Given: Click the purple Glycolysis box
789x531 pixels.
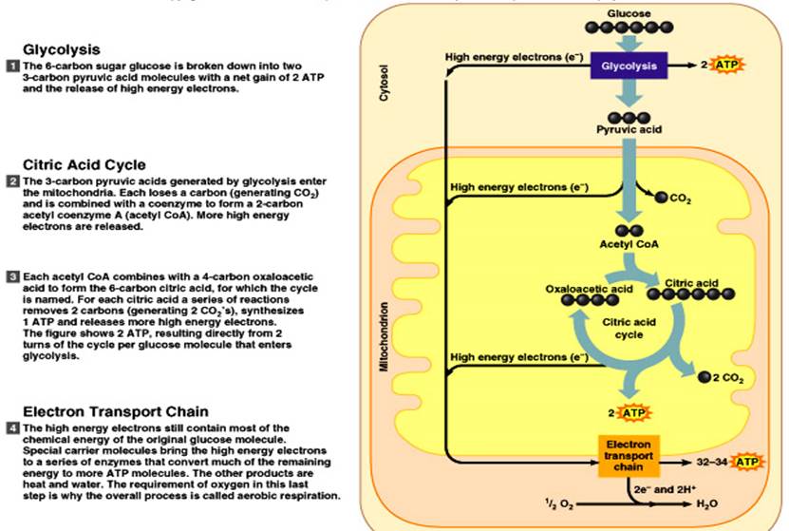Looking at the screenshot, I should (x=626, y=66).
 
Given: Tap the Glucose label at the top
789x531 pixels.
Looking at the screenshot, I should (x=628, y=14).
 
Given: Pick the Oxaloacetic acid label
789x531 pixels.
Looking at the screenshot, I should (x=589, y=288).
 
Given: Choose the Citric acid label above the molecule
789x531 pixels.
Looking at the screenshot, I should (x=691, y=282).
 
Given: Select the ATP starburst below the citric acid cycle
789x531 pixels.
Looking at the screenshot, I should (x=633, y=412).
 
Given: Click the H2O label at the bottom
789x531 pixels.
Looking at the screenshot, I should (x=707, y=504).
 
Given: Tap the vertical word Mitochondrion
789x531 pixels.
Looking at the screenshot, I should (x=384, y=336).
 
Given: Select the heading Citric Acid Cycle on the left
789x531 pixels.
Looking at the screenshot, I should (x=84, y=164).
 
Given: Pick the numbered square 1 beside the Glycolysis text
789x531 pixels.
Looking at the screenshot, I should (x=12, y=65).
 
